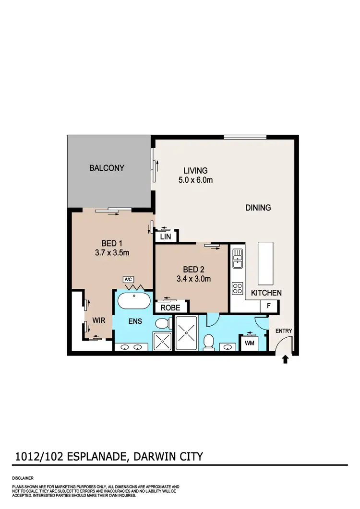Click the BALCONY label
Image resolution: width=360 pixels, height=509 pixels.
[x=107, y=168]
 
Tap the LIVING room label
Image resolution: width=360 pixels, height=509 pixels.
[x=195, y=171]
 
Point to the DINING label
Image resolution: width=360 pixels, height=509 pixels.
[x=258, y=208]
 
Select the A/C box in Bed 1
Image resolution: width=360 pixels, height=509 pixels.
[x=128, y=279]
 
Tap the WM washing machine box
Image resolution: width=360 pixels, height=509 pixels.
[x=249, y=343]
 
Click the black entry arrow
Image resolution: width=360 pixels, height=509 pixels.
[x=285, y=359]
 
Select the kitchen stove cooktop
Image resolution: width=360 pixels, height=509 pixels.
[x=237, y=288]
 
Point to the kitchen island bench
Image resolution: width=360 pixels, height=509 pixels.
[x=266, y=263]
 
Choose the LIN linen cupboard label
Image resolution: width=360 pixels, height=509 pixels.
[x=166, y=237]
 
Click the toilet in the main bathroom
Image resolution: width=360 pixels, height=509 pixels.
[x=209, y=342]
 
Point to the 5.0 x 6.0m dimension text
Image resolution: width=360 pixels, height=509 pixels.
[x=195, y=180]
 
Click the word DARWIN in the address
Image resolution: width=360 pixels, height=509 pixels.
[x=151, y=456]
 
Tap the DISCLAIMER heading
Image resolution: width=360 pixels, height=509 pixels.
[x=23, y=479]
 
